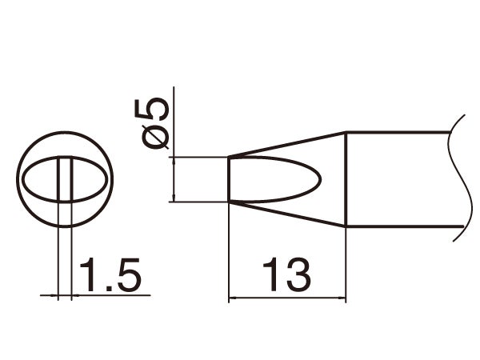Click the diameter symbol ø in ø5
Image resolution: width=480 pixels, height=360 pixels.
(158, 135)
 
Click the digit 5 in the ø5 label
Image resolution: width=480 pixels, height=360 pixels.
(158, 109)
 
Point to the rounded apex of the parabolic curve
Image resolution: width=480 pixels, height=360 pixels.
(322, 179)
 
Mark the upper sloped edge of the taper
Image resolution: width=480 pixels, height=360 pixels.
(288, 144)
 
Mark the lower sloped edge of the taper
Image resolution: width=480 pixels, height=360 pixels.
(288, 214)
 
